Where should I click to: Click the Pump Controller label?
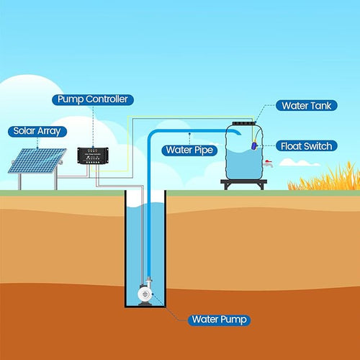tap(93, 99)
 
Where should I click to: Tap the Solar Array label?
tap(37, 132)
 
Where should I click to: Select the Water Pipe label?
tap(189, 150)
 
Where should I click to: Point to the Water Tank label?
tap(307, 106)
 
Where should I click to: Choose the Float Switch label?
tap(307, 146)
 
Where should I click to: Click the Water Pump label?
tap(219, 320)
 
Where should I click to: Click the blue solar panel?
tap(37, 161)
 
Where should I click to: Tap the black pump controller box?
tap(93, 156)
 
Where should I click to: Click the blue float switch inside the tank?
tap(254, 145)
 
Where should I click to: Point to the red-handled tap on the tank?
tap(268, 163)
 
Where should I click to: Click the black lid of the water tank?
tap(244, 123)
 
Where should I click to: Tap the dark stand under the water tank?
tap(244, 184)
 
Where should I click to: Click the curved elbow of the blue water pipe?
tap(152, 135)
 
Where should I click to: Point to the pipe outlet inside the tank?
tap(238, 132)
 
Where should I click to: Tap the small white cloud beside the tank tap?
tap(300, 163)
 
